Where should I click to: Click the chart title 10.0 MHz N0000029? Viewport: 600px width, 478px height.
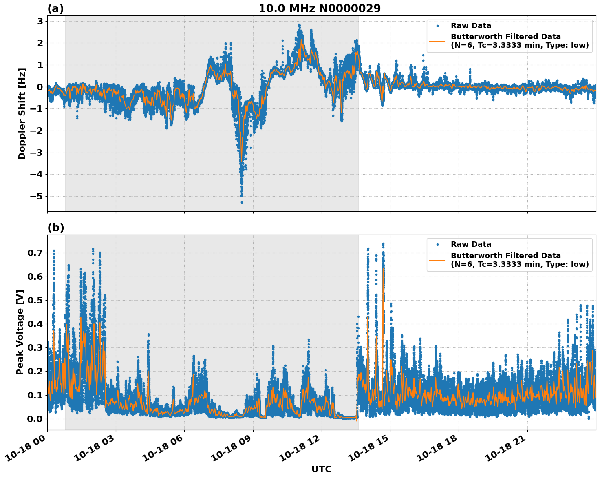pos(319,9)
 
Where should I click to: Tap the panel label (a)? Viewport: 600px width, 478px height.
pos(55,9)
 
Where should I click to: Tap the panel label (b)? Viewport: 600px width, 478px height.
pos(55,228)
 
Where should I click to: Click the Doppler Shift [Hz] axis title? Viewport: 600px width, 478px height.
pos(22,113)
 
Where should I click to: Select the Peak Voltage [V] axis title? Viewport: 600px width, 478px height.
pos(20,332)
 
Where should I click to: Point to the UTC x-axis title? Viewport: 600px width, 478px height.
pos(321,469)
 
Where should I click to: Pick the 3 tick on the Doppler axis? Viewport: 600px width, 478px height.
pos(40,21)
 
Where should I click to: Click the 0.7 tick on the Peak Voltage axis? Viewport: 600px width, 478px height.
pos(35,253)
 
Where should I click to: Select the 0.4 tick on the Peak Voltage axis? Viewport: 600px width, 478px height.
pos(35,324)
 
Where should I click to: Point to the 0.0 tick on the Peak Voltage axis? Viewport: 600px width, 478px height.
pos(35,419)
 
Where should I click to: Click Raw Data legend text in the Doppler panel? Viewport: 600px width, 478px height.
pos(471,26)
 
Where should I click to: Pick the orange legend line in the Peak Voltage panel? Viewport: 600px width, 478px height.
pos(437,260)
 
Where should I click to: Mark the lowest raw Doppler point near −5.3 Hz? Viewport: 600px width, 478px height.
pos(242,202)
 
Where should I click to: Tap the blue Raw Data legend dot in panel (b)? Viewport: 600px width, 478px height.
pos(437,244)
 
